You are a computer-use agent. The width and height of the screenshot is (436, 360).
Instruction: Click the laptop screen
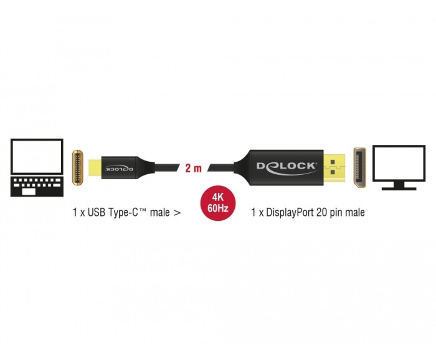click(x=37, y=157)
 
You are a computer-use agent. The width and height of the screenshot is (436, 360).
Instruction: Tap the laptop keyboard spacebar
click(x=29, y=192)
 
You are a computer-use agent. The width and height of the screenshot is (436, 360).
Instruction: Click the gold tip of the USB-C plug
click(x=95, y=168)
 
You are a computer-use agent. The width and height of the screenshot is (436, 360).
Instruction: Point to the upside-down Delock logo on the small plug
click(x=119, y=169)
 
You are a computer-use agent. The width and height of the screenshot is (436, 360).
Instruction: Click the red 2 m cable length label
click(x=193, y=168)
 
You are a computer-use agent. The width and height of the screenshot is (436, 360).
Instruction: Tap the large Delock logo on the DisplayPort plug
click(x=286, y=168)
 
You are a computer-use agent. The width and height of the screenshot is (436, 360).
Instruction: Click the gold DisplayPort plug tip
click(x=334, y=168)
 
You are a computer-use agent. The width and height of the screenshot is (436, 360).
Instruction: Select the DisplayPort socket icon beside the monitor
click(x=360, y=167)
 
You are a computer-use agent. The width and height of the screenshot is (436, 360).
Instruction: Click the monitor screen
click(x=399, y=163)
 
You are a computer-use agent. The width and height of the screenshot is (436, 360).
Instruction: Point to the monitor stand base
click(x=399, y=188)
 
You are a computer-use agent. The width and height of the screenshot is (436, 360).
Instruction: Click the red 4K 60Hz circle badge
click(x=218, y=203)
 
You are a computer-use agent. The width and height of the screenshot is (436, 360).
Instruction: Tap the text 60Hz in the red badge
click(x=218, y=208)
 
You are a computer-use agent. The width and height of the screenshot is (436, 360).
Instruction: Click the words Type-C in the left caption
click(x=127, y=212)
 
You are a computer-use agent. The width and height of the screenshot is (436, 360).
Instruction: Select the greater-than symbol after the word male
click(x=177, y=213)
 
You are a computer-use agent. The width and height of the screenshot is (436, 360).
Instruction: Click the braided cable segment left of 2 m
click(x=167, y=168)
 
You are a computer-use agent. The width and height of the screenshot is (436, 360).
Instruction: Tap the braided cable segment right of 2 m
click(x=221, y=168)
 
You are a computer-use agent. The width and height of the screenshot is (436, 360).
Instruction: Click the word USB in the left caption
click(x=96, y=212)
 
